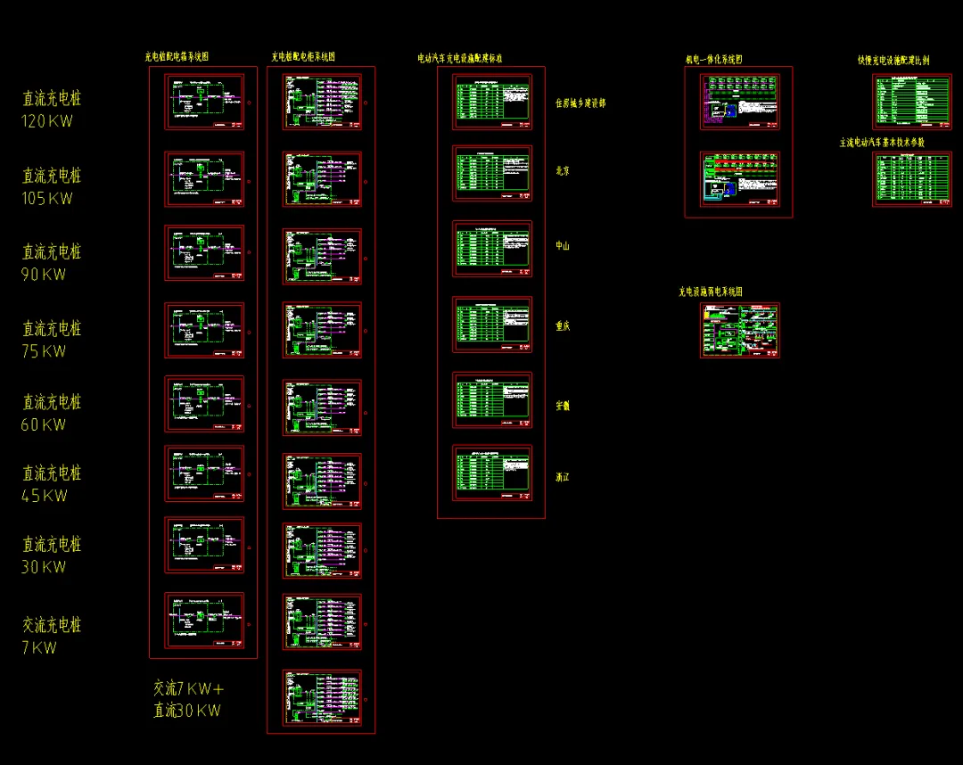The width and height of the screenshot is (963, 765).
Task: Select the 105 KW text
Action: tap(46, 198)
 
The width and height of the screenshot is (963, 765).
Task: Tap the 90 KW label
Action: tap(44, 275)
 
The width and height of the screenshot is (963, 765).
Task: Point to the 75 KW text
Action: tap(44, 351)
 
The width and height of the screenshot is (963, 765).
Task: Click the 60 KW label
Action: tap(44, 424)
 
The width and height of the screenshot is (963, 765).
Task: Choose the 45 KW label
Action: tap(44, 496)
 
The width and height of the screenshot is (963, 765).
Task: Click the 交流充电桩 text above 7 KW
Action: tap(52, 625)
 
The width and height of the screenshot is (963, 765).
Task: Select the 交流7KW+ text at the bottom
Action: tap(188, 688)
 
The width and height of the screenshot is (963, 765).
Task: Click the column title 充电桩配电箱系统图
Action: tap(177, 56)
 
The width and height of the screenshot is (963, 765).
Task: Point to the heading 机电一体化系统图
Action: tap(713, 60)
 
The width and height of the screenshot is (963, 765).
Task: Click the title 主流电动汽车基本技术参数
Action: tap(882, 143)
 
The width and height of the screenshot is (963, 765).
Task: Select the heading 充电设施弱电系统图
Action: tap(711, 292)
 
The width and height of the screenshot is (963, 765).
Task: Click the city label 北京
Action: tap(563, 170)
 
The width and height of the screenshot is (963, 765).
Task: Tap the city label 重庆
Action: tap(563, 326)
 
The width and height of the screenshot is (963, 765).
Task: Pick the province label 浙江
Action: tap(563, 478)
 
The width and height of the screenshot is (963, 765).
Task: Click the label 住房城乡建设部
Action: tap(580, 103)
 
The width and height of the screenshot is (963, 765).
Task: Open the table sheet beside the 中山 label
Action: tap(492, 249)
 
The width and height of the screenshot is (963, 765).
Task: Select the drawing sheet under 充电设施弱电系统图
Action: tap(740, 330)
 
